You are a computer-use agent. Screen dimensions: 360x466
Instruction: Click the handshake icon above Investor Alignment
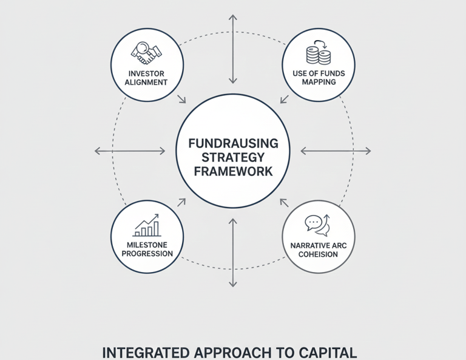point(146,53)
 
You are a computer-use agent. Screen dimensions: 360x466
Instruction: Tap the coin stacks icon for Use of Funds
point(319,53)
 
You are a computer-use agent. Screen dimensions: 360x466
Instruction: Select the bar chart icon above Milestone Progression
point(147,225)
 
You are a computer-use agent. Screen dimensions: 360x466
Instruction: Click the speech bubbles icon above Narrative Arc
point(317,225)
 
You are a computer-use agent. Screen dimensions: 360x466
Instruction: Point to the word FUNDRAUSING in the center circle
point(233,143)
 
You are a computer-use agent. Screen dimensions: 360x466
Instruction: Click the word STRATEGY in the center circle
point(233,157)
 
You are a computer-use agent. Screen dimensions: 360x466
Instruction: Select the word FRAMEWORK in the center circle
point(233,171)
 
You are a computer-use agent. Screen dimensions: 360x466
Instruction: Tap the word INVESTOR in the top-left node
point(147,73)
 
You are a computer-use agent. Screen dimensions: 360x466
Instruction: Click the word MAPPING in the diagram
point(319,82)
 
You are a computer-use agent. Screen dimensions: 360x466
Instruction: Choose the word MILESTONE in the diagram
point(147,245)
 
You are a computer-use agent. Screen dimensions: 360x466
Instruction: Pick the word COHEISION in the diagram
point(319,254)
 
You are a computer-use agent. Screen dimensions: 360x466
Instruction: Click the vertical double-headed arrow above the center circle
point(232,49)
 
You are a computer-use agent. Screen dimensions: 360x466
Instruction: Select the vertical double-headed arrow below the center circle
point(232,253)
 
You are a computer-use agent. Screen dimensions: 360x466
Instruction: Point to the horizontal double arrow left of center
point(130,151)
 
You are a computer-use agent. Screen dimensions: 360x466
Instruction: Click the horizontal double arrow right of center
point(336,151)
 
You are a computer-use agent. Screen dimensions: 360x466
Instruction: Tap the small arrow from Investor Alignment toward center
point(181,99)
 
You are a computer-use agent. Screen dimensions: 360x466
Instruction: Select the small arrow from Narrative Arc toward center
point(284,203)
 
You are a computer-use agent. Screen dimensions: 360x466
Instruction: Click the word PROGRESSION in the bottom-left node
point(147,253)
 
